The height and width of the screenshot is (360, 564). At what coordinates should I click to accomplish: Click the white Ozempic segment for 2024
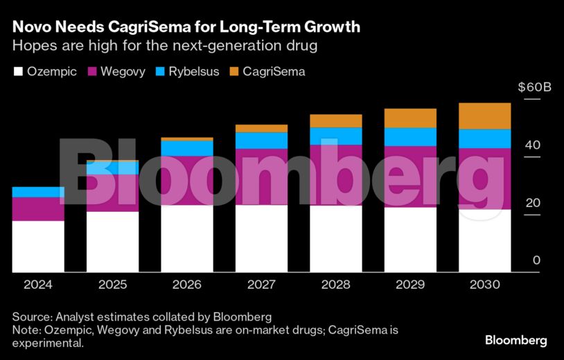tap(38, 246)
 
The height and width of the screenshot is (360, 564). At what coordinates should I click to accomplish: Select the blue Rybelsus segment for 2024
tap(38, 192)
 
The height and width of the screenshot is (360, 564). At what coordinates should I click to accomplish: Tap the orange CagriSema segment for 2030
tap(485, 116)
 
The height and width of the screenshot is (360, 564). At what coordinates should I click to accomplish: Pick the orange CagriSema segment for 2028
tap(336, 121)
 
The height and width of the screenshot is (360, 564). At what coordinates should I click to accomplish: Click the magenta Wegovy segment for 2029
tap(410, 177)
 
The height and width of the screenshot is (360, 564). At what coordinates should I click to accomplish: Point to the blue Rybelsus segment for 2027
tap(261, 141)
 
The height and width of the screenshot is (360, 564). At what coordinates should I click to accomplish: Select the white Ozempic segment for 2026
tap(187, 238)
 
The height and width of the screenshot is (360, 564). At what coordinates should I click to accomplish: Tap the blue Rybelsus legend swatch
tap(164, 71)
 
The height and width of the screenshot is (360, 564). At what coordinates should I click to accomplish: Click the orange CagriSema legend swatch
tap(231, 71)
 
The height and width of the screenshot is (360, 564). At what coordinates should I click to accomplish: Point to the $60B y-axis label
tap(534, 88)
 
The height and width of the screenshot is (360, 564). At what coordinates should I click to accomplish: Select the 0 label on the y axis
tap(536, 260)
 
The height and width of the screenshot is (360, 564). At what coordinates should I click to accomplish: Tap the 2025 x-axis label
tap(112, 285)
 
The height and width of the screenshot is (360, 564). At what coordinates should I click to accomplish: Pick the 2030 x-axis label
tap(485, 285)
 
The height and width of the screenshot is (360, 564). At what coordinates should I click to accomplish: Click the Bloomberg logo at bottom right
tap(515, 340)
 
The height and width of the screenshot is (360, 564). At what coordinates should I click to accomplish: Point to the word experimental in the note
tap(47, 343)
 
